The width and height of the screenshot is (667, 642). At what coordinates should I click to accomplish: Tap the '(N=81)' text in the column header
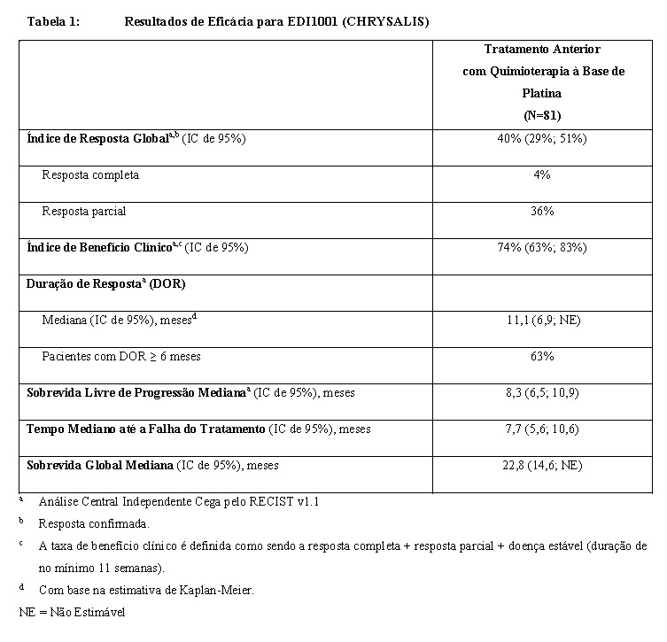coord(542,114)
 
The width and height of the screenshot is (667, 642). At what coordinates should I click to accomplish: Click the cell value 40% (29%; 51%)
coord(542,138)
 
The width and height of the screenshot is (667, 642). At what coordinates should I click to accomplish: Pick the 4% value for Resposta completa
coord(542,175)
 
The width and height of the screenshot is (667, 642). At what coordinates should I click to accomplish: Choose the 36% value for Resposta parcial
coord(542,212)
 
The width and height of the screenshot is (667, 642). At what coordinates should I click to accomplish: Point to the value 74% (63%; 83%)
coord(542,248)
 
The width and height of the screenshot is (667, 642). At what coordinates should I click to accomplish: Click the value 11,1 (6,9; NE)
coord(542,320)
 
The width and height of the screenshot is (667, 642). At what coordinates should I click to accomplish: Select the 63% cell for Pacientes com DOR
coord(542,356)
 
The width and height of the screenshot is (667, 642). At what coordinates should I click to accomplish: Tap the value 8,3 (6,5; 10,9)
coord(542,392)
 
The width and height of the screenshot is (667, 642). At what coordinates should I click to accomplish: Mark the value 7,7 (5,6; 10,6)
coord(542,429)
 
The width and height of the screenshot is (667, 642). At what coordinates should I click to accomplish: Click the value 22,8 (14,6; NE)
coord(542,465)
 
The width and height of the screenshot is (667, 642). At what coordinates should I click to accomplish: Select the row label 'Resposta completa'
coord(90,175)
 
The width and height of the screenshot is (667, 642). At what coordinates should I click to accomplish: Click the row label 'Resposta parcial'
coord(84,212)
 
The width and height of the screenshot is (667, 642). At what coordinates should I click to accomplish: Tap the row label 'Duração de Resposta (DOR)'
coord(105,284)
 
